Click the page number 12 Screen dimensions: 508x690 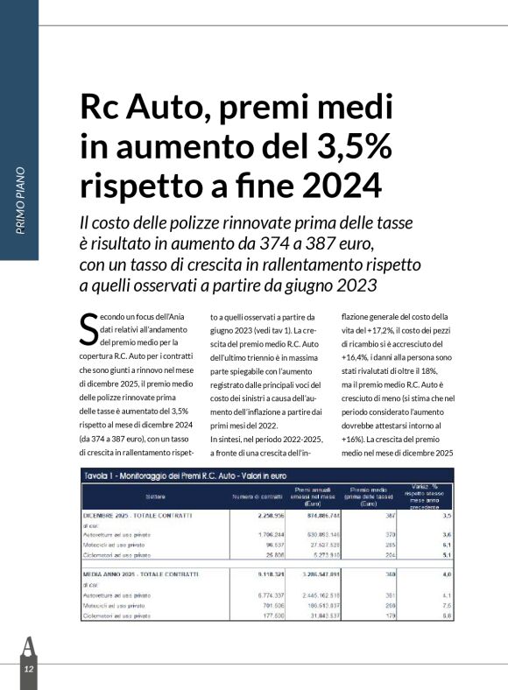pyautogui.click(x=28, y=668)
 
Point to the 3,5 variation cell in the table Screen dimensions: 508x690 pyautogui.click(x=446, y=516)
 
